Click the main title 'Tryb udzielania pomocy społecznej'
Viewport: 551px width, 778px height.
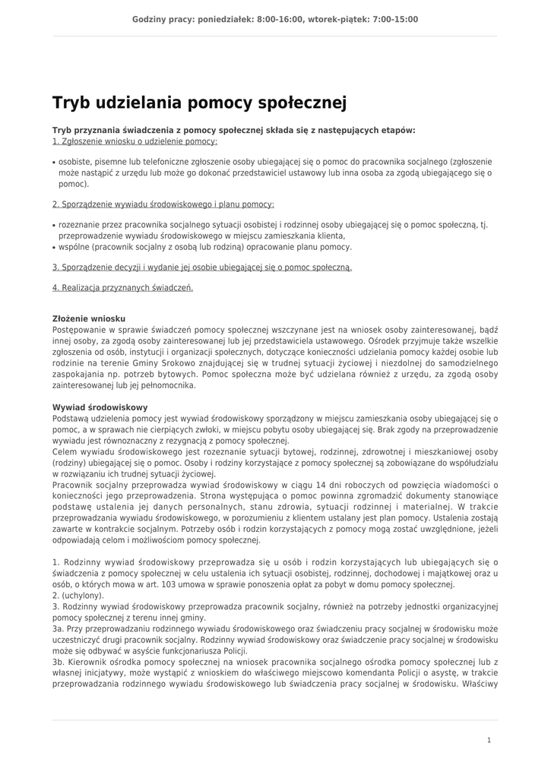(x=199, y=103)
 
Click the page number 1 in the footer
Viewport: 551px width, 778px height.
(x=489, y=739)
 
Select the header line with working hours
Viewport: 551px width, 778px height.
(x=275, y=20)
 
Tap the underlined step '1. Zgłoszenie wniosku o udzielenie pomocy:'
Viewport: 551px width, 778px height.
(x=135, y=141)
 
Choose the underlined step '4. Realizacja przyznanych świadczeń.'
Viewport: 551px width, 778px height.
(x=122, y=288)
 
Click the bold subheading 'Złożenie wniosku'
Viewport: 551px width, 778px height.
(x=89, y=319)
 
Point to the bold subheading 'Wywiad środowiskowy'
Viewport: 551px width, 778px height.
(x=100, y=408)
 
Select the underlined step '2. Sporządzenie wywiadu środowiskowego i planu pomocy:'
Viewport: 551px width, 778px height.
(x=163, y=204)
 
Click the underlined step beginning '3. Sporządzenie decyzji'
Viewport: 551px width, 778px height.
(x=202, y=267)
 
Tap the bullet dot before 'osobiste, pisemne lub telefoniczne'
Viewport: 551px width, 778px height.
(x=54, y=163)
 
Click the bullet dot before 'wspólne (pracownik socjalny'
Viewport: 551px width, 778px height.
(x=54, y=248)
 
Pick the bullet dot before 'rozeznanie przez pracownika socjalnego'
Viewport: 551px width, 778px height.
(x=54, y=226)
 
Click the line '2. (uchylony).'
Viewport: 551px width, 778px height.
(x=78, y=596)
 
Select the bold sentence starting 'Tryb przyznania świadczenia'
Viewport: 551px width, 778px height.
(x=233, y=130)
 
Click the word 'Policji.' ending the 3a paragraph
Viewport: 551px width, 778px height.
(x=233, y=651)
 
